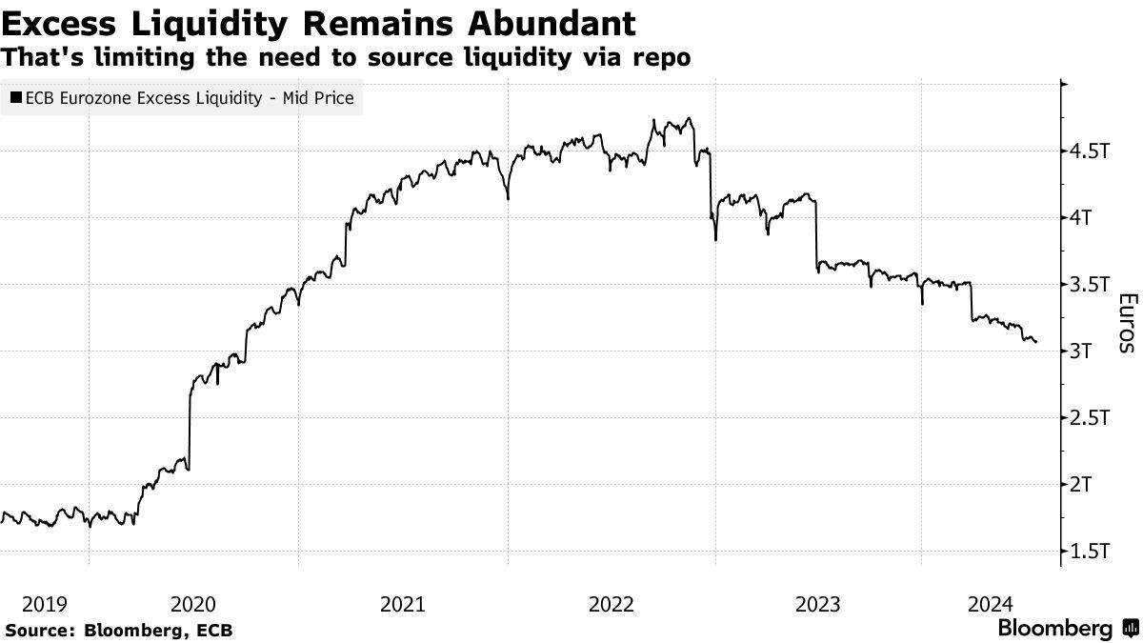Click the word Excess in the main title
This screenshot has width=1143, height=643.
[58, 21]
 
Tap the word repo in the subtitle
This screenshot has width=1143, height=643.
[662, 57]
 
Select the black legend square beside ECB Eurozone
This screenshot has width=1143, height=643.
[16, 97]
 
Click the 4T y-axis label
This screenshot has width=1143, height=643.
[1082, 218]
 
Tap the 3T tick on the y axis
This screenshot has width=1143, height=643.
[1082, 352]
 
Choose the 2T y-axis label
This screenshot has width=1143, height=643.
[1082, 485]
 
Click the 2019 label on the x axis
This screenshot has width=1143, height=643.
[44, 603]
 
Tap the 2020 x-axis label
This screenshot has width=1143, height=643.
[193, 603]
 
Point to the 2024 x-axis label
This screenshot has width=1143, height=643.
[990, 603]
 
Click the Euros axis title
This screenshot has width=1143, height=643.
[1125, 323]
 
